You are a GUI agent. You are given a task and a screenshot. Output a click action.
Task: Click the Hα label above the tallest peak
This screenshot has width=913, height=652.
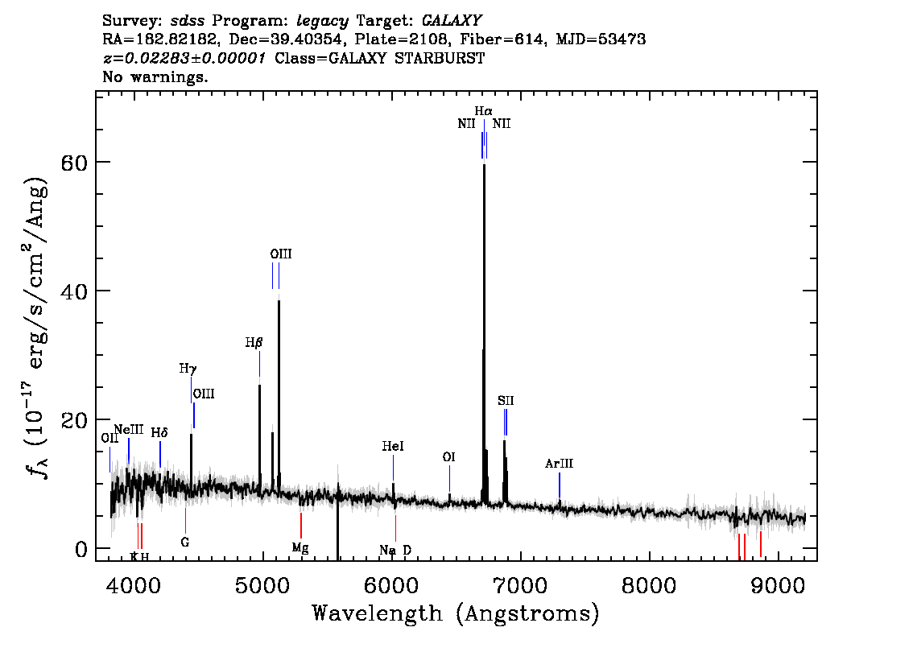click(483, 111)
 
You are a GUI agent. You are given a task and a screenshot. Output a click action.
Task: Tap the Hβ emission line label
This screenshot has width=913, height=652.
click(254, 343)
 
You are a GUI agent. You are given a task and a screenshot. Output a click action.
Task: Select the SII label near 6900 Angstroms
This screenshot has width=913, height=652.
click(506, 401)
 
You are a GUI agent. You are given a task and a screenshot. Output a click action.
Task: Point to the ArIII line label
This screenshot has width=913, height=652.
click(559, 464)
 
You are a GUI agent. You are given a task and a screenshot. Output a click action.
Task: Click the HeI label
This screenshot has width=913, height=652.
click(392, 447)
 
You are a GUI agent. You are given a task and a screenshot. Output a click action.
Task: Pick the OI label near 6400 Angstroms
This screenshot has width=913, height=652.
click(448, 457)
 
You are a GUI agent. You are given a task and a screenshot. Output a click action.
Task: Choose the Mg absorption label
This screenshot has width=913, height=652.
click(300, 548)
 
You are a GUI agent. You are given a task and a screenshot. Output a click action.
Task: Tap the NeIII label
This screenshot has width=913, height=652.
click(129, 430)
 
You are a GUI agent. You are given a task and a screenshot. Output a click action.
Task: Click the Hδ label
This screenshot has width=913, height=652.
click(159, 432)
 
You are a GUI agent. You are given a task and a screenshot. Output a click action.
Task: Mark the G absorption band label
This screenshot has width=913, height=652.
click(185, 542)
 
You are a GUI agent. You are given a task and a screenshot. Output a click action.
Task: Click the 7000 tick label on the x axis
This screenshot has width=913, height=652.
click(520, 586)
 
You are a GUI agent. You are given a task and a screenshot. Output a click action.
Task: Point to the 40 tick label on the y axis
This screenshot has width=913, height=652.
click(74, 291)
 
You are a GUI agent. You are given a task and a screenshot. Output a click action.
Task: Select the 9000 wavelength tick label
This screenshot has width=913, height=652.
click(777, 586)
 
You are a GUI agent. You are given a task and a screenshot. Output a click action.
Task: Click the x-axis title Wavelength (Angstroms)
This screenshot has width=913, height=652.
click(456, 613)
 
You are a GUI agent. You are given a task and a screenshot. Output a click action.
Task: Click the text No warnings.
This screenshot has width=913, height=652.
click(155, 76)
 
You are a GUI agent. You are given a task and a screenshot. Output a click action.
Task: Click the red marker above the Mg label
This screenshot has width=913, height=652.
click(301, 526)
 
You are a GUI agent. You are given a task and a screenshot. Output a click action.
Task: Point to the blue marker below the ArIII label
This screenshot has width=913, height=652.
click(560, 485)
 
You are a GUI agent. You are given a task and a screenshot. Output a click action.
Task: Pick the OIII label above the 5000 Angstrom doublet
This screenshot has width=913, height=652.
click(281, 254)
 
